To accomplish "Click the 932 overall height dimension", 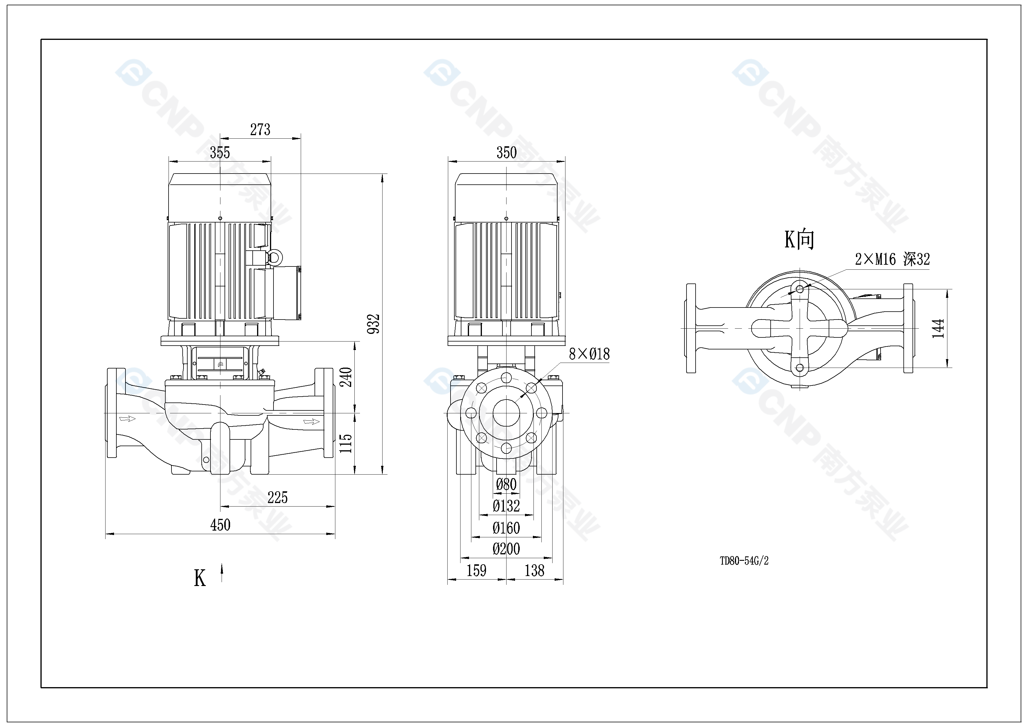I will pyautogui.click(x=373, y=324).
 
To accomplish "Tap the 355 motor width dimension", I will pyautogui.click(x=220, y=153).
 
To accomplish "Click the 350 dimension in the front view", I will pyautogui.click(x=507, y=153).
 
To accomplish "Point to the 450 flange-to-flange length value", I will pyautogui.click(x=220, y=525).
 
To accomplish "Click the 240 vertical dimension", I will pyautogui.click(x=346, y=377).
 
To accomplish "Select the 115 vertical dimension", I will pyautogui.click(x=346, y=443).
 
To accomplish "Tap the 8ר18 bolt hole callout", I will pyautogui.click(x=589, y=354).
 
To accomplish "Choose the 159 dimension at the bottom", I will pyautogui.click(x=476, y=571).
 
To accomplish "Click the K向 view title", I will pyautogui.click(x=799, y=239).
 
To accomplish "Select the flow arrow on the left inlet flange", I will pyautogui.click(x=127, y=419).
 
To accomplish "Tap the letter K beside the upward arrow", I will pyautogui.click(x=200, y=578).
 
